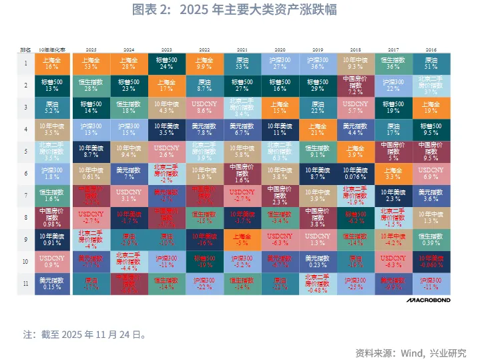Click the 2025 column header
coord(91,50)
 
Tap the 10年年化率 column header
coord(52,50)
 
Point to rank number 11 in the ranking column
coord(25,283)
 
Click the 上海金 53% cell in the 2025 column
coord(91,63)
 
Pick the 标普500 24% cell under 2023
coord(167,63)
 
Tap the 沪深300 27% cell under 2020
coord(280,63)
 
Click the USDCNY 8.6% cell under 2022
coord(204,107)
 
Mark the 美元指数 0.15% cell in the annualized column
coord(52,283)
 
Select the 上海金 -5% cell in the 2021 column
coord(242,238)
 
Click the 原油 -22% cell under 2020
coord(280,283)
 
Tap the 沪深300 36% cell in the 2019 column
coord(318,63)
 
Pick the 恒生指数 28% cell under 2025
coord(91,85)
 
